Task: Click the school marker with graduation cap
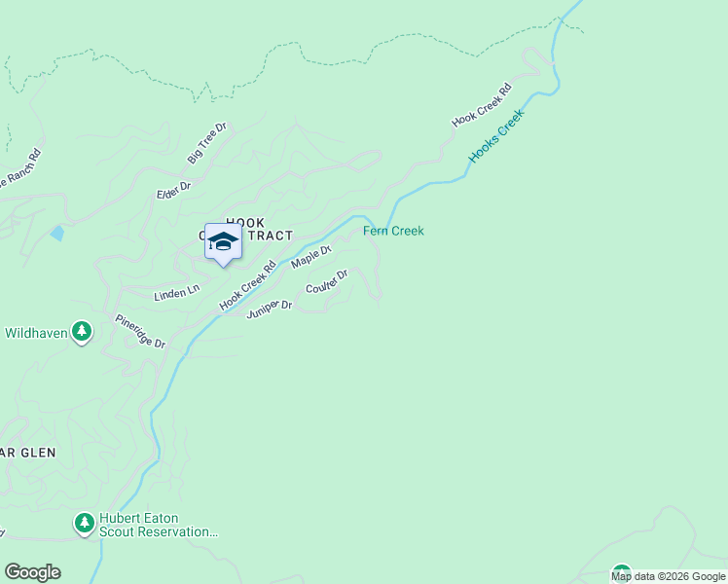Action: (x=223, y=241)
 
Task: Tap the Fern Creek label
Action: (x=393, y=231)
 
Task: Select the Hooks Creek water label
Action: (x=496, y=135)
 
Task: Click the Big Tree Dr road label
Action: (x=206, y=143)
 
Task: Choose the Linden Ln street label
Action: (x=176, y=291)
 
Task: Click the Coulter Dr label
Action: (x=326, y=283)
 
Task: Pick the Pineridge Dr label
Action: (x=140, y=332)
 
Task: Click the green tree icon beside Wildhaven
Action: (x=83, y=333)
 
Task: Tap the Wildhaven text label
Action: (x=36, y=333)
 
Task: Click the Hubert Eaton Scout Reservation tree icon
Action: (x=85, y=525)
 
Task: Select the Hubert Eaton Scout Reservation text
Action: (x=158, y=526)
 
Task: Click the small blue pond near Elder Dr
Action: (x=57, y=233)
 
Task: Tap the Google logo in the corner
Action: (x=32, y=572)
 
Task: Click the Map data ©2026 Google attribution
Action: (x=669, y=576)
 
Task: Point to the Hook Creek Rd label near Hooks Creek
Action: (x=481, y=105)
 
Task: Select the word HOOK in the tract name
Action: (x=244, y=223)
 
